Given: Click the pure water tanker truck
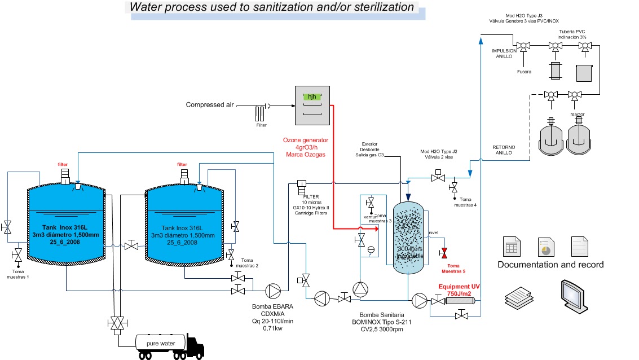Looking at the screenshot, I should tap(169, 343).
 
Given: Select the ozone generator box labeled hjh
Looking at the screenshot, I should tap(311, 106).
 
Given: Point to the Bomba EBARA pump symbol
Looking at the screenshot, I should tap(273, 291).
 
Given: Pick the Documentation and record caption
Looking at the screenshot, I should tap(550, 265).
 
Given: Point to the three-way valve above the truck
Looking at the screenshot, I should tap(118, 323).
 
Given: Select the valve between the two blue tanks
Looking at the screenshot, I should tap(131, 246).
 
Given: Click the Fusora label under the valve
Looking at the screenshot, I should tap(524, 72).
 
